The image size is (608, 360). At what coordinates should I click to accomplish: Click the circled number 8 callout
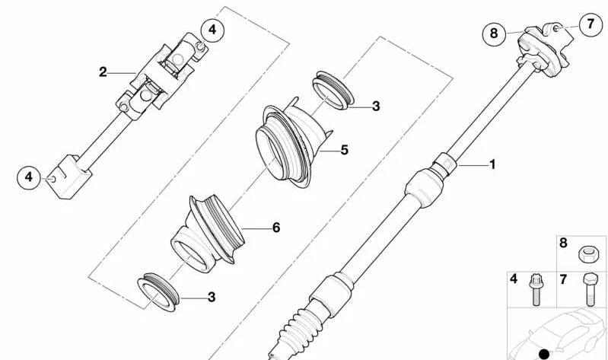(x=494, y=33)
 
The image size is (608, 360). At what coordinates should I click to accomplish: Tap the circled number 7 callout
(x=590, y=24)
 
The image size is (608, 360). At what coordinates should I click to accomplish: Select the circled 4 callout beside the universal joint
(x=213, y=30)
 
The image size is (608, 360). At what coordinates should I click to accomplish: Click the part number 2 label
(x=103, y=72)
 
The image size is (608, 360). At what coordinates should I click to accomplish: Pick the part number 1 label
(x=492, y=164)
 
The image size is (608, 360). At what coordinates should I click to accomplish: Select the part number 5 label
(x=344, y=151)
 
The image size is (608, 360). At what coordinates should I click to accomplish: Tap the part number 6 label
(x=275, y=228)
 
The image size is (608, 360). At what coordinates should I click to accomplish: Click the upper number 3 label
(x=375, y=107)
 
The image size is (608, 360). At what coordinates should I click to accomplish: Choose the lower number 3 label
(x=211, y=297)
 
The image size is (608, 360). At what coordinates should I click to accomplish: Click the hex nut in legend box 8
(x=587, y=252)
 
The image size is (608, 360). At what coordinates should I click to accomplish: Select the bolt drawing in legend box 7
(x=587, y=290)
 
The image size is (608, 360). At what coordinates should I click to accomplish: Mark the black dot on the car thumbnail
(x=543, y=353)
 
